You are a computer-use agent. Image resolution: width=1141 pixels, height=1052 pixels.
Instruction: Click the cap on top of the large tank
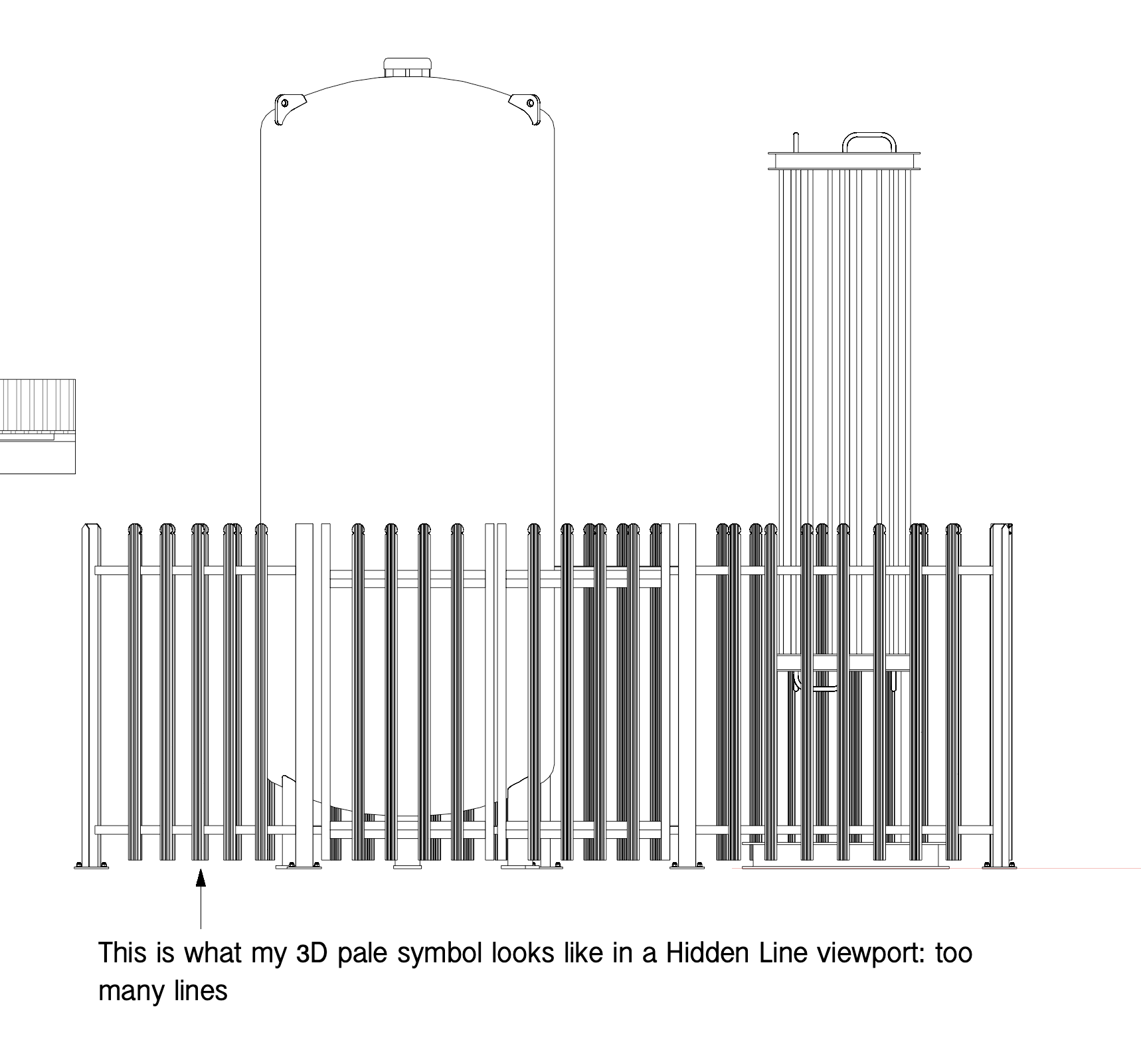[408, 67]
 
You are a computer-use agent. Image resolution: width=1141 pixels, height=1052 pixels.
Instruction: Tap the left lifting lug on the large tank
[289, 106]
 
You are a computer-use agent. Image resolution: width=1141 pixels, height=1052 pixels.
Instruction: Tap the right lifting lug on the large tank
[524, 106]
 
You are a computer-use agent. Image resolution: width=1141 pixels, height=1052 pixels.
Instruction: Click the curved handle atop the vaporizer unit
[869, 141]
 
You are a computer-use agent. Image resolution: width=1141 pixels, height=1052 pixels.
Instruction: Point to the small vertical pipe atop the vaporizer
[795, 142]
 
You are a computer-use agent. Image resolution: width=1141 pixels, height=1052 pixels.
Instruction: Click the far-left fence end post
[91, 691]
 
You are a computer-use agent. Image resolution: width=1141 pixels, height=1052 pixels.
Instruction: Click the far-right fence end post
[1001, 691]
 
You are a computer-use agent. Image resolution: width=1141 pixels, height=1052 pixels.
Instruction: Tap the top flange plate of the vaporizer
[843, 160]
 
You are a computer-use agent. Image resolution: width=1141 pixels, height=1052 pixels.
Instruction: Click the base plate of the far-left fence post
[91, 865]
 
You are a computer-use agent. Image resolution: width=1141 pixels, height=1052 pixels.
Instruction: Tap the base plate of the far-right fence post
[1000, 865]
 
